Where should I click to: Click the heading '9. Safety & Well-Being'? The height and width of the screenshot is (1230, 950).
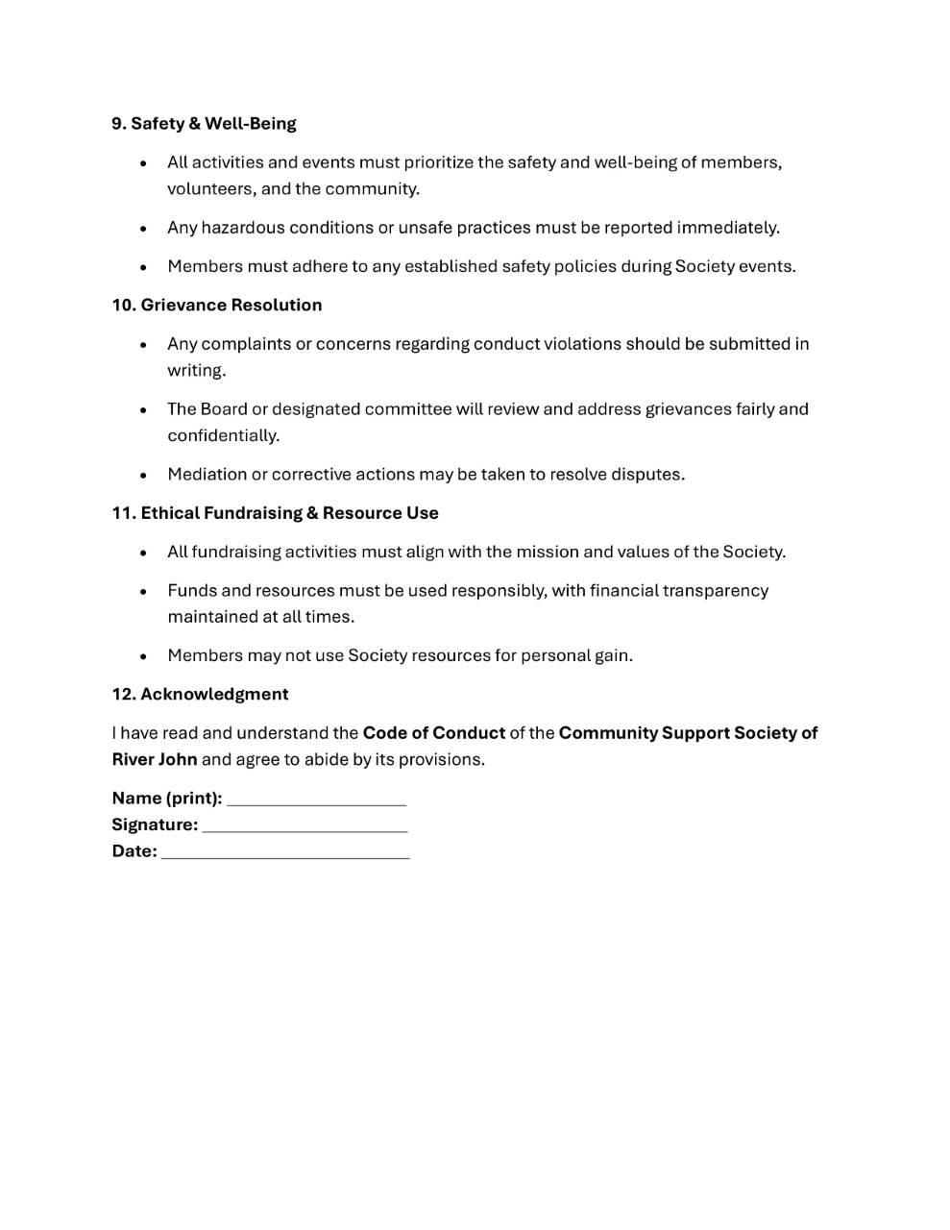tap(204, 124)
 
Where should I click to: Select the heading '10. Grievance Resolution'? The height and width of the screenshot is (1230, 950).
tap(216, 306)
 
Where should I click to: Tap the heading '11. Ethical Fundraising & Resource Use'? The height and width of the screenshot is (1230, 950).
tap(275, 513)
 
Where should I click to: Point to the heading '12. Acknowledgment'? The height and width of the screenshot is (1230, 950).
tap(200, 695)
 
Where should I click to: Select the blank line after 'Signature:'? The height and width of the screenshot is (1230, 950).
tap(304, 827)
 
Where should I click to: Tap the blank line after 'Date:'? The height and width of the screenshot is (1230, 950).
tap(284, 853)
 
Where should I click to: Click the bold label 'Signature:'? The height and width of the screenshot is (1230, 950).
tap(155, 824)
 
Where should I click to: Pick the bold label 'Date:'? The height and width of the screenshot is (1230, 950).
tap(134, 851)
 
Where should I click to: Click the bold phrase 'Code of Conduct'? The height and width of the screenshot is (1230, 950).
tap(433, 733)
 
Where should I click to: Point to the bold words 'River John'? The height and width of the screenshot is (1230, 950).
tap(155, 759)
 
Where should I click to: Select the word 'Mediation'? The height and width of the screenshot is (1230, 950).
tap(207, 475)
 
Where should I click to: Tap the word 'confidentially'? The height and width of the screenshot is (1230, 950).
tap(222, 436)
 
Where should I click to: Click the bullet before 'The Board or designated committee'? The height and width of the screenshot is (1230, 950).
tap(143, 410)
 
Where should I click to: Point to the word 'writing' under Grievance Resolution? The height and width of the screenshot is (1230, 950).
tap(195, 371)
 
